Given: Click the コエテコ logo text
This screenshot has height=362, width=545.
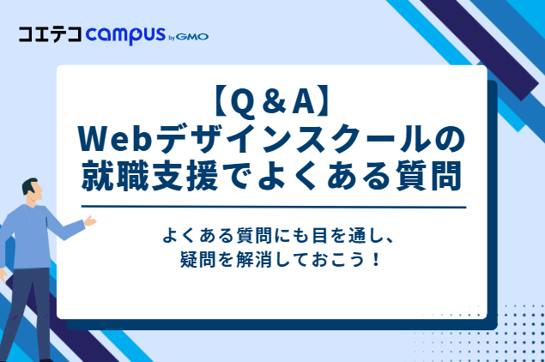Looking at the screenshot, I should tap(51, 35).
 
